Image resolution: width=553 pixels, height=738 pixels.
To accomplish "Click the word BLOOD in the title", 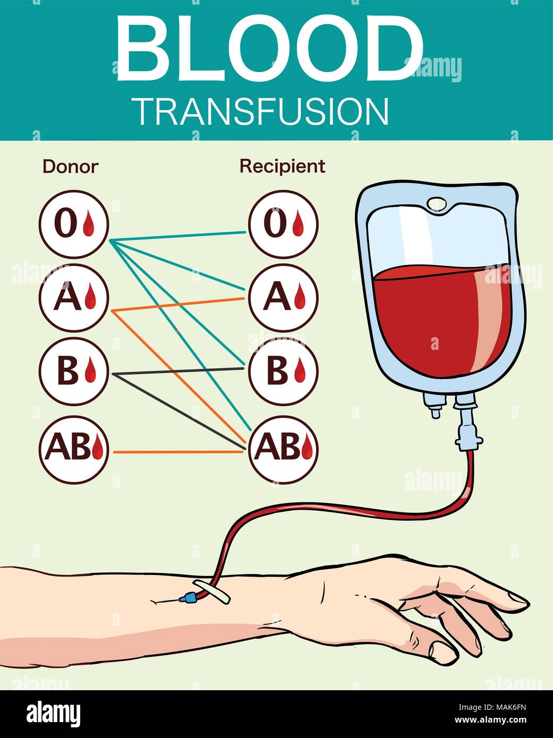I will click(x=268, y=49).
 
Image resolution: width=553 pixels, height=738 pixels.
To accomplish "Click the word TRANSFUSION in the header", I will click(x=261, y=111).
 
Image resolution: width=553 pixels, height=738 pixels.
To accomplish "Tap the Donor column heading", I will click(x=70, y=167).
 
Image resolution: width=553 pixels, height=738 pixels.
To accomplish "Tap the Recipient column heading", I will click(x=282, y=166).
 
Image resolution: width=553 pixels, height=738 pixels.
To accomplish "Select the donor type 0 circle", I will click(x=74, y=224).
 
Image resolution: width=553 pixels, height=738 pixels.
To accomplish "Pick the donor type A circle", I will click(x=74, y=297).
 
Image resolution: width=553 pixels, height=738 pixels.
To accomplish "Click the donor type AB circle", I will click(x=74, y=449).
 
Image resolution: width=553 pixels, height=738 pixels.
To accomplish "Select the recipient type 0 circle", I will click(x=283, y=224).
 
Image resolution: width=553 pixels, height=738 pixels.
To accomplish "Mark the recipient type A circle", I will click(x=283, y=297).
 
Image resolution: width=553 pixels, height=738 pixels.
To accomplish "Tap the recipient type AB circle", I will click(x=283, y=449).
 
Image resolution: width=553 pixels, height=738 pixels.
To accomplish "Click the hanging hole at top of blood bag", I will click(x=437, y=203).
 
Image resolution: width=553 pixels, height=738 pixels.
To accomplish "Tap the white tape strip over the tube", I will click(x=212, y=593).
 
